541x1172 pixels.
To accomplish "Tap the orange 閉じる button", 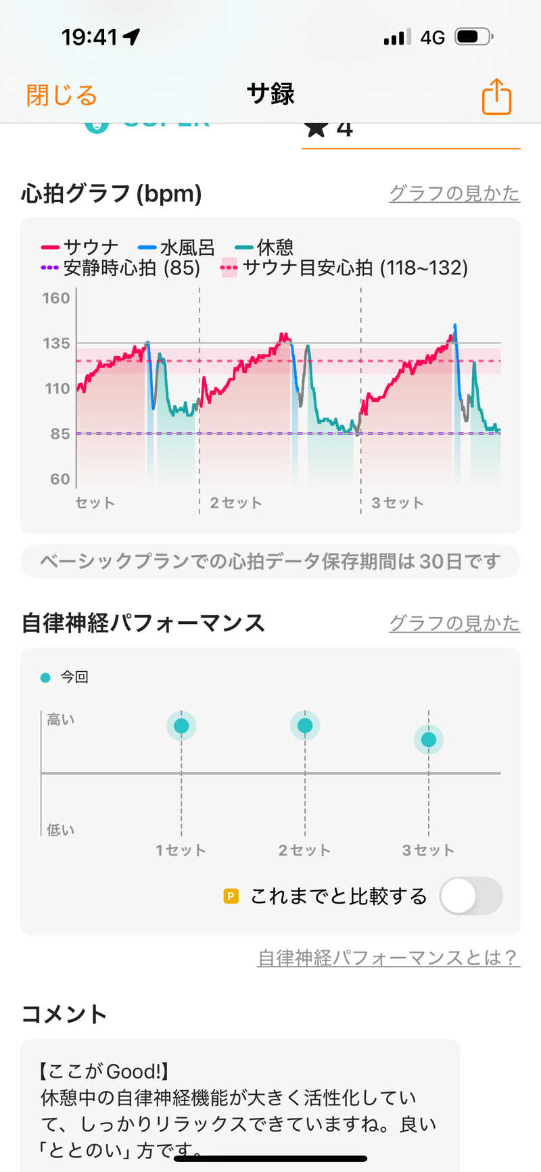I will [x=62, y=95].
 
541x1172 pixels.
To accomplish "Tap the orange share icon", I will [x=496, y=97].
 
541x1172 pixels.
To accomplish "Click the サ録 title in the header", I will [x=270, y=94].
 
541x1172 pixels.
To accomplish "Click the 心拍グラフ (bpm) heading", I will [x=112, y=194].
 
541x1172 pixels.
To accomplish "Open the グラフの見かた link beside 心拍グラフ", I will [x=454, y=193].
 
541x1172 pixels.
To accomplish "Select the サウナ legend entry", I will [x=80, y=247].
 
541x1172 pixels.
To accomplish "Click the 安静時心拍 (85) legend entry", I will [x=121, y=268].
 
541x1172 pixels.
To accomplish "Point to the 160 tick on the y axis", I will [x=56, y=298].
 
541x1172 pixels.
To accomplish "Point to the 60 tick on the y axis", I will [x=60, y=479].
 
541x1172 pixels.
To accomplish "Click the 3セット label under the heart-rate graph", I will [x=398, y=503].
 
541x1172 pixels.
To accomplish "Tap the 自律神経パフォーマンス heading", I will [x=143, y=622].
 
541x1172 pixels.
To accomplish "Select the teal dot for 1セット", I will [x=181, y=726].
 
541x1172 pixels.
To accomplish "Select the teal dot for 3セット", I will [x=429, y=739].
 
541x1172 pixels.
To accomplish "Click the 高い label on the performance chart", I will [x=61, y=720].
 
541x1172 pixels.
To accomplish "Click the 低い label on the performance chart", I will [x=61, y=830].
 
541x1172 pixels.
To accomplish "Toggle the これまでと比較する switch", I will [x=471, y=896].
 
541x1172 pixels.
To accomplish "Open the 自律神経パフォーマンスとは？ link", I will [x=388, y=957].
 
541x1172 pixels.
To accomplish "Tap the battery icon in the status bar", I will [x=473, y=36].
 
